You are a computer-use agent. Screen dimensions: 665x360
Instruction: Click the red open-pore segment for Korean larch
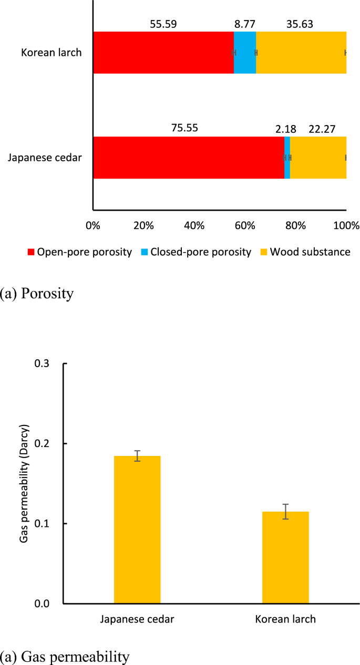click(163, 53)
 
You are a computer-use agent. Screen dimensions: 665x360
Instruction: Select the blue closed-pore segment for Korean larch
click(245, 53)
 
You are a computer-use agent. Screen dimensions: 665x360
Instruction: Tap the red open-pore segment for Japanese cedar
click(188, 158)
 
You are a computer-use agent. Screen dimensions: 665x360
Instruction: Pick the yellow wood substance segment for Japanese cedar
click(318, 158)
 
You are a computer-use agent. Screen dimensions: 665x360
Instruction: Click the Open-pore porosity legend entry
click(79, 252)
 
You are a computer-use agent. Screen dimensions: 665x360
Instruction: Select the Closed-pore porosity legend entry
click(196, 252)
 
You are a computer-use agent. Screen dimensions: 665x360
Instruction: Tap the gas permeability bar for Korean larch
click(285, 557)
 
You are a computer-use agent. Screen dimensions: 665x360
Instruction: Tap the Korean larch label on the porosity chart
click(51, 53)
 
